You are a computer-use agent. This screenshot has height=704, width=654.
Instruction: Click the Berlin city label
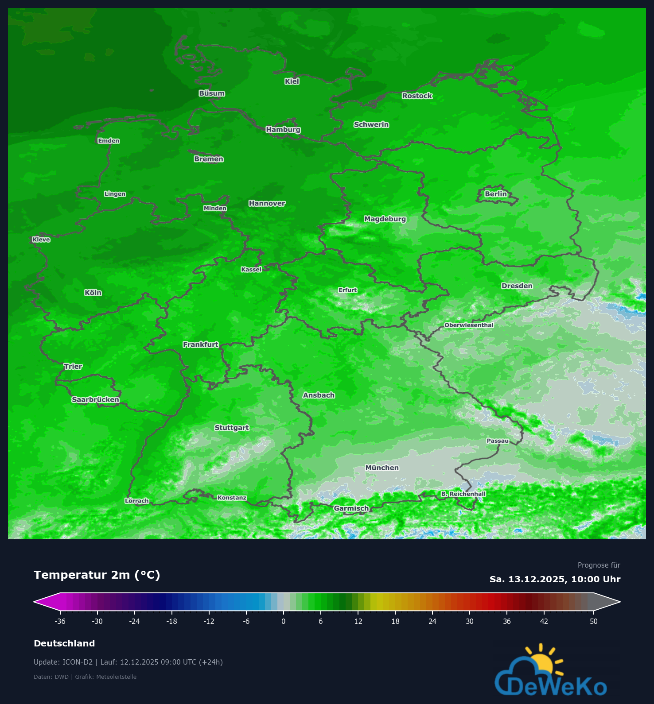(x=495, y=194)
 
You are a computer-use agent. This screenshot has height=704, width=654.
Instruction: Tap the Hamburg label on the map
(x=283, y=130)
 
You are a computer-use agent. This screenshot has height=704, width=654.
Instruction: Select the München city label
(x=382, y=468)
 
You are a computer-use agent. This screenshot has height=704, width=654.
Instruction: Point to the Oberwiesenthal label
(x=469, y=325)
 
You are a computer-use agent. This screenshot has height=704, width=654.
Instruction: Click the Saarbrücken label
(x=95, y=400)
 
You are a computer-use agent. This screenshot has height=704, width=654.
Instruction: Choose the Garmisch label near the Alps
(x=351, y=508)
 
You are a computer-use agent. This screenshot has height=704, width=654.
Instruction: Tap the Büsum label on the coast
(x=212, y=93)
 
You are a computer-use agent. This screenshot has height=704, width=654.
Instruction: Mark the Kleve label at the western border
(x=41, y=240)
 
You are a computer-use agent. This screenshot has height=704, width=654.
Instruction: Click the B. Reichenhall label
(x=463, y=494)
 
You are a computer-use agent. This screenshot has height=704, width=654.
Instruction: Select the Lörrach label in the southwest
(x=137, y=501)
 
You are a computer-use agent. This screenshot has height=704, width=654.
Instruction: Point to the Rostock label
(x=417, y=96)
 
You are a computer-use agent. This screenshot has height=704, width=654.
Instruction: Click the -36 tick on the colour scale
(x=60, y=621)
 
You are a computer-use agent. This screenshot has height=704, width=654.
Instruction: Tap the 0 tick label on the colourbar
(x=284, y=621)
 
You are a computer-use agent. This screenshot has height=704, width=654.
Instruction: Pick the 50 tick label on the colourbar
(x=594, y=621)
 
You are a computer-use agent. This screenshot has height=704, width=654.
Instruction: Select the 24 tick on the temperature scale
(x=432, y=621)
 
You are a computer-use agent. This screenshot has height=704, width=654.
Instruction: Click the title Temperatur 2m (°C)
(x=97, y=575)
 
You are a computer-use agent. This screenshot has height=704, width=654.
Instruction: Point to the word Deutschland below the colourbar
(x=64, y=643)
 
